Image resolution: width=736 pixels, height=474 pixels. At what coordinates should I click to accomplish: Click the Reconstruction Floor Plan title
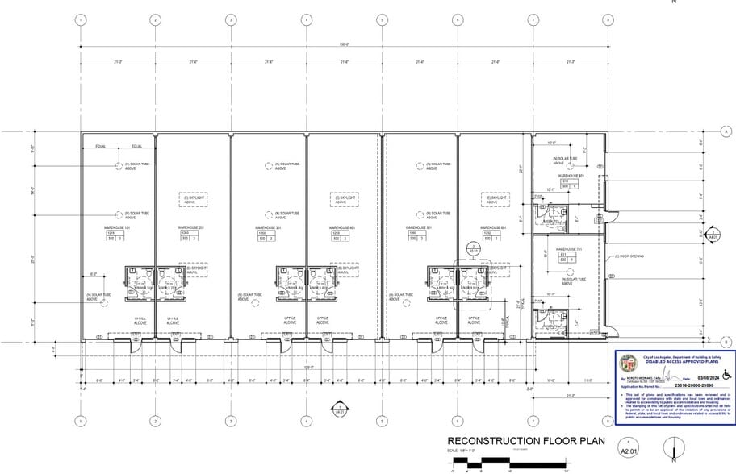point(516,441)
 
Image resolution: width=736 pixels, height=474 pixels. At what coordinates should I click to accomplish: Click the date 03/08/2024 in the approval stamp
point(700,378)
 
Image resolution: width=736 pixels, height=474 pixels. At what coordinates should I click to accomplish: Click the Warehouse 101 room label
point(116,228)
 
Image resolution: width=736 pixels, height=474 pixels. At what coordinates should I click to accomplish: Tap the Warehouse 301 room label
point(268,228)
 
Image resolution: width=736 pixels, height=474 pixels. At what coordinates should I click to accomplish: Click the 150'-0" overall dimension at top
point(345,44)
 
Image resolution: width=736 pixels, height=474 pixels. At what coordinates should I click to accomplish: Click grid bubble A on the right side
point(726,131)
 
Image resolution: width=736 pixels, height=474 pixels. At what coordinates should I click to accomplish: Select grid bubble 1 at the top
point(80,19)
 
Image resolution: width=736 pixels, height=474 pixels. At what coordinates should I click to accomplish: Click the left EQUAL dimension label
point(100,146)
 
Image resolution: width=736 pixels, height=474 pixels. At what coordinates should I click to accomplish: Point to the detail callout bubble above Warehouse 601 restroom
point(473,249)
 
